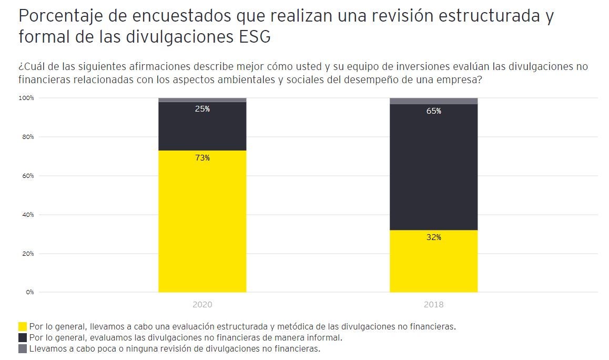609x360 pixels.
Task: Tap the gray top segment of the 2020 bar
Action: click(x=202, y=100)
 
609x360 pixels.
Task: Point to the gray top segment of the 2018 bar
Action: click(x=433, y=101)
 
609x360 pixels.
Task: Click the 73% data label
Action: click(x=202, y=158)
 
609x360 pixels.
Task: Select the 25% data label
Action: click(x=202, y=109)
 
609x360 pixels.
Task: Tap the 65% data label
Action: click(x=433, y=111)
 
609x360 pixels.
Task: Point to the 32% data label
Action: click(x=433, y=237)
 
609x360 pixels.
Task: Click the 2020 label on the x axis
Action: click(x=202, y=304)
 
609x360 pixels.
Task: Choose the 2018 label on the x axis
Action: click(x=433, y=304)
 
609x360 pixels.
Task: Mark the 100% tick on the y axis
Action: click(x=26, y=98)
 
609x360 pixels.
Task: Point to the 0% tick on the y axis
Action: click(x=29, y=292)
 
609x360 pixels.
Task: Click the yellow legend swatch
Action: click(x=23, y=326)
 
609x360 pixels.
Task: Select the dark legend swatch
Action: click(x=23, y=337)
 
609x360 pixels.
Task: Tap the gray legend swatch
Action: click(x=23, y=348)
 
